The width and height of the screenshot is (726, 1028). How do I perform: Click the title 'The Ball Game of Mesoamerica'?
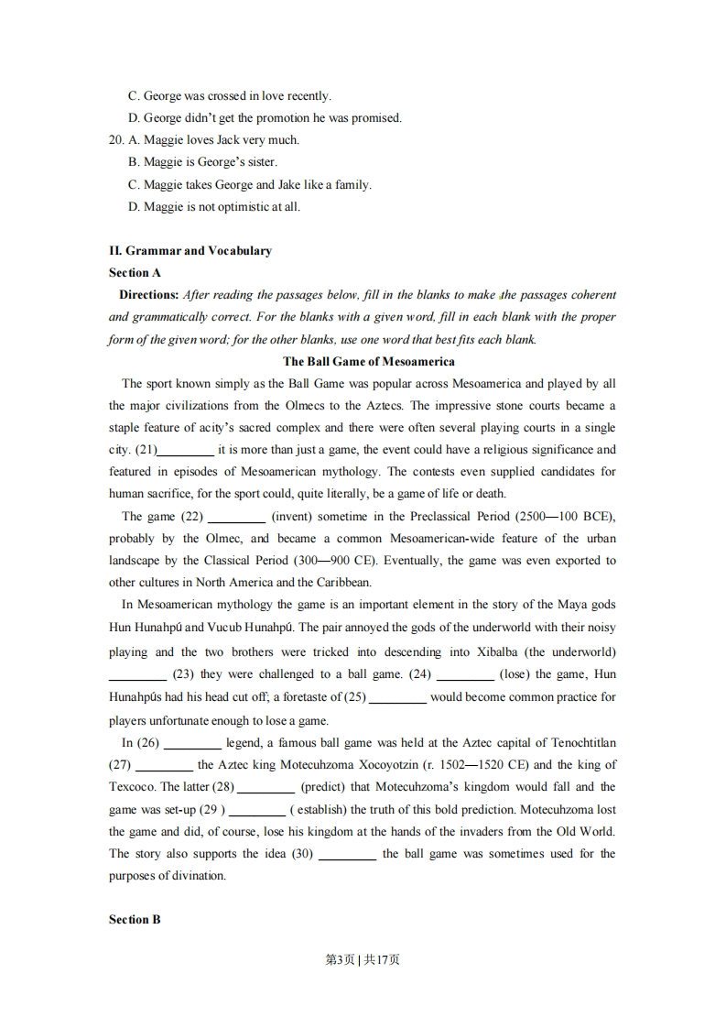pos(369,361)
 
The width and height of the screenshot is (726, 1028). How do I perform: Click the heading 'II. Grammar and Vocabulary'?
pos(190,250)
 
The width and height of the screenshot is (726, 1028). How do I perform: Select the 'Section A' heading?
pos(135,272)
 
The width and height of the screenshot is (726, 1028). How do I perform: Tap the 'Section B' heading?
pos(135,919)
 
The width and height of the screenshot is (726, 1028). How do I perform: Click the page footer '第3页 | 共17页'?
pos(363,959)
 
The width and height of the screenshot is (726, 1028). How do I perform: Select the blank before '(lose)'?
pos(465,675)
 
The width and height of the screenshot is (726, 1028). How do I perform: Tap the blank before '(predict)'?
pos(266,787)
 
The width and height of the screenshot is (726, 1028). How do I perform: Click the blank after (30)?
pos(348,854)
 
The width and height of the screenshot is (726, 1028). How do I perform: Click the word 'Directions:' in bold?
pos(148,294)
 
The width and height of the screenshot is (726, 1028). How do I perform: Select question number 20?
pos(116,140)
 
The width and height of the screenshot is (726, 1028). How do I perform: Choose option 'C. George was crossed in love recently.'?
pos(229,95)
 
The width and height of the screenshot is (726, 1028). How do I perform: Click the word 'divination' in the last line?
pos(196,876)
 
